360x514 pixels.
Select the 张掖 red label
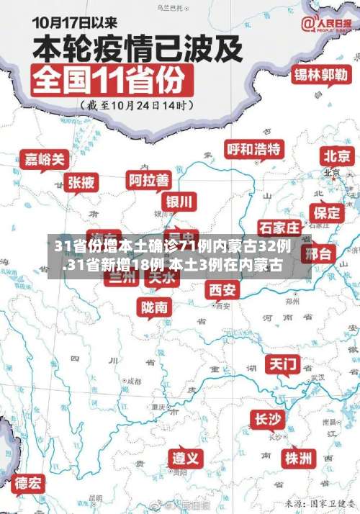point(81,182)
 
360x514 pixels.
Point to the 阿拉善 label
point(149,179)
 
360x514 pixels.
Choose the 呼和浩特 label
point(254,149)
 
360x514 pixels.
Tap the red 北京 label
point(337,155)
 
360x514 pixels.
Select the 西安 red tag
point(222,289)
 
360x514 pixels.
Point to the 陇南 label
point(155,307)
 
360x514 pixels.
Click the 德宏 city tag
point(29,482)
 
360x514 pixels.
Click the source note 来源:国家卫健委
point(320,501)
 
